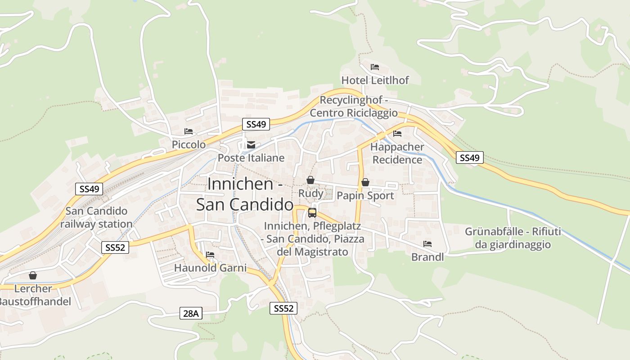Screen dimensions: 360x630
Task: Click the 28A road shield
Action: pos(191,314)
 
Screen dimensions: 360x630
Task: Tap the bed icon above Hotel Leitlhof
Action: pos(375,67)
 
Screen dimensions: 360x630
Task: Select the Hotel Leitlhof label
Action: pos(375,80)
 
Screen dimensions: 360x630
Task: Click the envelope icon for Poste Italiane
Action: pos(251,145)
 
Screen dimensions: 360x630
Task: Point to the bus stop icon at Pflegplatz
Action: pos(312,213)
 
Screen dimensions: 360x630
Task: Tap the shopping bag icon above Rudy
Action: pos(310,180)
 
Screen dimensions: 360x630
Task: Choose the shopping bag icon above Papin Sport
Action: pos(365,182)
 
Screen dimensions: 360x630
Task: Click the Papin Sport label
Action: pos(365,196)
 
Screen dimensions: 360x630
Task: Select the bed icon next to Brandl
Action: pos(427,244)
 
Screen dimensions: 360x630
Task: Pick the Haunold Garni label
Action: pos(210,268)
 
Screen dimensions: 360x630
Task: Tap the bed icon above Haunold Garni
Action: pos(210,255)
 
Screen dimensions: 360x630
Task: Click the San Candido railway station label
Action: pos(96,217)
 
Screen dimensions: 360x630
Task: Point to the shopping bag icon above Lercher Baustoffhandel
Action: pos(33,275)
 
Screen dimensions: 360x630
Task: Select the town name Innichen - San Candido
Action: pos(245,194)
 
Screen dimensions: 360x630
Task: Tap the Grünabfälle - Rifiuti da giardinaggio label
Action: pos(513,238)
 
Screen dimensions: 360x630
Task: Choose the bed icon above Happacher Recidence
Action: pos(397,134)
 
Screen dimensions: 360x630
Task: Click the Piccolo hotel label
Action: pos(189,144)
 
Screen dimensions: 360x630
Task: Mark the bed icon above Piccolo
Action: pos(189,131)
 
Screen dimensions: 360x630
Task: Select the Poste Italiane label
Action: pos(251,158)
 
